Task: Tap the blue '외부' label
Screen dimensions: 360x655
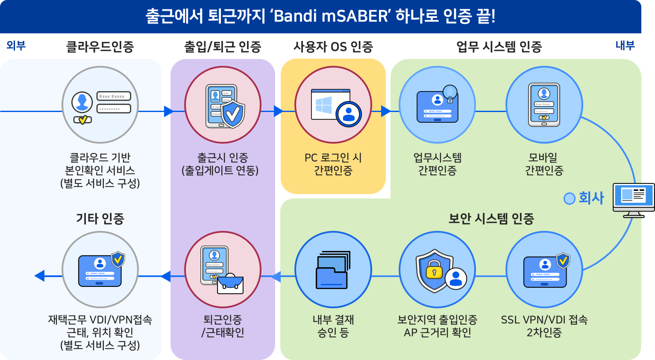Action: click(16, 45)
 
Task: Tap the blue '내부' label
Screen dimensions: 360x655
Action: click(625, 45)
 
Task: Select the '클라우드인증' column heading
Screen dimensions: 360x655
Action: click(100, 47)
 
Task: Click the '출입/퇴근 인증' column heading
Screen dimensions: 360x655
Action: click(222, 47)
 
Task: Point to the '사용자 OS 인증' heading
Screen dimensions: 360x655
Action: click(333, 47)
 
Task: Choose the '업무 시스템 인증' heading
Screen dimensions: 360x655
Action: click(499, 47)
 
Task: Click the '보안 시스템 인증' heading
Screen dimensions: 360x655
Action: click(491, 218)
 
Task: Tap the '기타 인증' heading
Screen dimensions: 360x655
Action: click(100, 218)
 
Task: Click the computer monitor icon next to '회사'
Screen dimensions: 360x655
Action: click(633, 199)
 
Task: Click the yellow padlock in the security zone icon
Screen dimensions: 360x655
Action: click(434, 270)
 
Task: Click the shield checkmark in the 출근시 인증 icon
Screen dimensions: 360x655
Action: click(233, 114)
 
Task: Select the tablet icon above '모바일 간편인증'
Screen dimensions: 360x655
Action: click(544, 105)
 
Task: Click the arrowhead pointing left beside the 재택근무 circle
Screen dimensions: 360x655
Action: click(40, 276)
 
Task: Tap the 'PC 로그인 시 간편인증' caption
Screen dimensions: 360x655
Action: click(333, 164)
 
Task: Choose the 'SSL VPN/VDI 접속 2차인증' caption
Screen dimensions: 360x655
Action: click(544, 326)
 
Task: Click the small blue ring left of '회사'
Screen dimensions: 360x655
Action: click(569, 198)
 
